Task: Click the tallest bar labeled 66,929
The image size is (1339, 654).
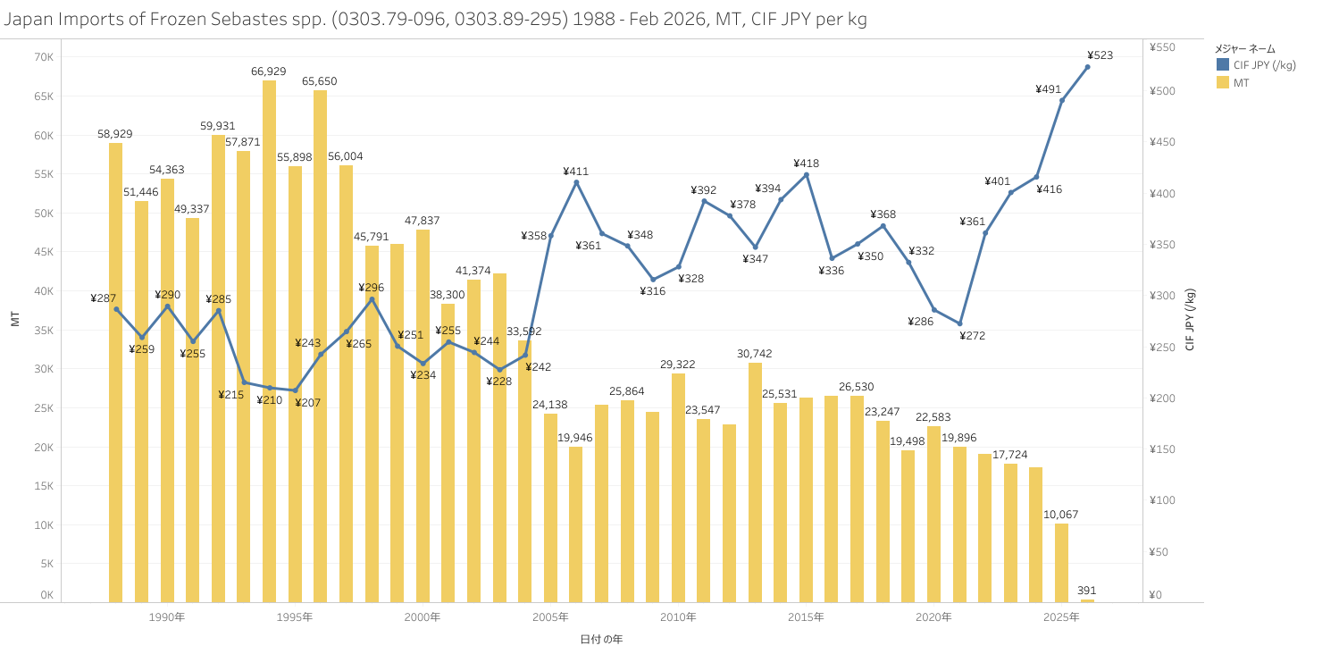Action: [x=269, y=340]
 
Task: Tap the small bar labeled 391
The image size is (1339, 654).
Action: [x=1087, y=600]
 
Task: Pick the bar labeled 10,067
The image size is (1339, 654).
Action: [x=1061, y=562]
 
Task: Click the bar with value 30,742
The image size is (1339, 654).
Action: [x=755, y=482]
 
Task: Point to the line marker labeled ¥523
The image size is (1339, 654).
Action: [x=1087, y=67]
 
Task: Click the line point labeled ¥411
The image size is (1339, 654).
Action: [x=576, y=182]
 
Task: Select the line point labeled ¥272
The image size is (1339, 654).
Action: [x=960, y=323]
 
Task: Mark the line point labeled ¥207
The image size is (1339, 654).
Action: [x=295, y=390]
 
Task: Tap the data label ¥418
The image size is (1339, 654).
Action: [x=806, y=163]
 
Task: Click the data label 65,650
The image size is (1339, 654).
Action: [x=319, y=81]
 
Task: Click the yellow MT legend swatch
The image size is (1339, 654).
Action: [x=1223, y=82]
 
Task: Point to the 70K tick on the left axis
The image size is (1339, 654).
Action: [x=44, y=57]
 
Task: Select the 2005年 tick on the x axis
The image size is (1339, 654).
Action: [x=550, y=617]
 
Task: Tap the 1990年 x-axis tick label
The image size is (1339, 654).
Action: [x=167, y=617]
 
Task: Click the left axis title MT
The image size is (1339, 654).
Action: [x=15, y=320]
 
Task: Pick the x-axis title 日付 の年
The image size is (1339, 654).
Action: [x=601, y=639]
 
